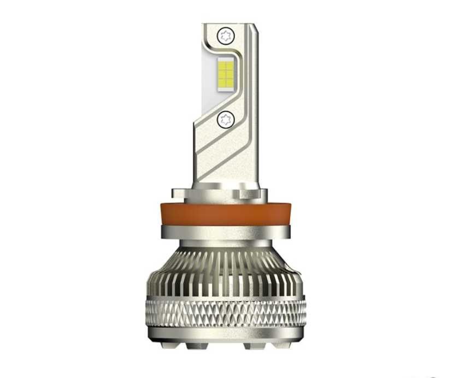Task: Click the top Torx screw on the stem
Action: [225, 37]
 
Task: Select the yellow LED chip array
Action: [226, 75]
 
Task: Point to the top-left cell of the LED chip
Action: [222, 66]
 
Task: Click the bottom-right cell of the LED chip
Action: [229, 84]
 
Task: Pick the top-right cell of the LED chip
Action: [229, 66]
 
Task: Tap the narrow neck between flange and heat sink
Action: [225, 243]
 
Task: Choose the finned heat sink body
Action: [225, 273]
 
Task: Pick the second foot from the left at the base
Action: [198, 346]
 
